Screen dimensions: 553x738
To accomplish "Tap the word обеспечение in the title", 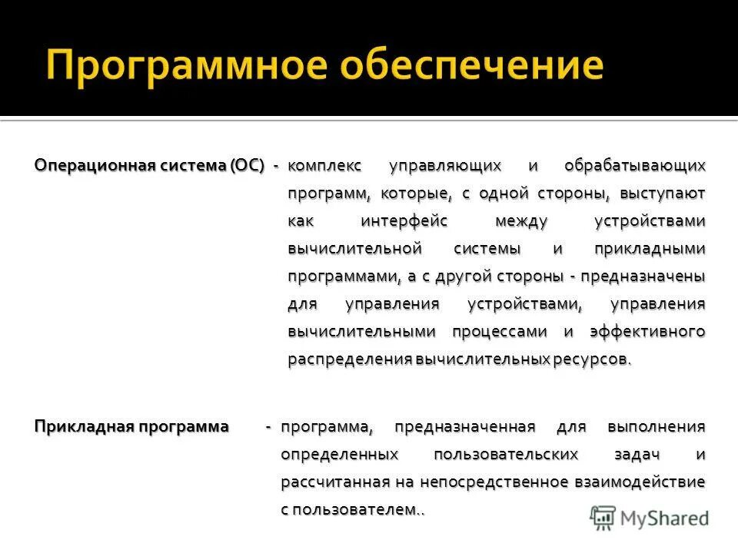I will pyautogui.click(x=471, y=65).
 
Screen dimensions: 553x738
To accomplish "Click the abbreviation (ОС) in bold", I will pyautogui.click(x=246, y=165).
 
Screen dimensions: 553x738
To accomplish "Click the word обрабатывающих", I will pyautogui.click(x=634, y=165).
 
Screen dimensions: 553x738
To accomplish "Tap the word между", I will pyautogui.click(x=521, y=221).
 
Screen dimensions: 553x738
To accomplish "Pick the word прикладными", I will pyautogui.click(x=650, y=249).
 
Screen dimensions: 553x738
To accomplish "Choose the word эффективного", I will pyautogui.click(x=647, y=332).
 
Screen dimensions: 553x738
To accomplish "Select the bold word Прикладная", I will pyautogui.click(x=85, y=426).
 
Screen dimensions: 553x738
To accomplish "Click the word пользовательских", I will pyautogui.click(x=505, y=454).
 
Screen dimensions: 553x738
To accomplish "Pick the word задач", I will pyautogui.click(x=637, y=454).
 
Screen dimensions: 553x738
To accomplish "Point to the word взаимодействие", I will pyautogui.click(x=639, y=482).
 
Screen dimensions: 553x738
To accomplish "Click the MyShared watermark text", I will pyautogui.click(x=665, y=518).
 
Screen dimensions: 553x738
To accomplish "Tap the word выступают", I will pyautogui.click(x=660, y=193).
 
